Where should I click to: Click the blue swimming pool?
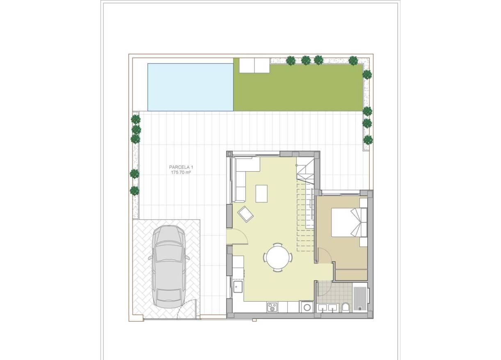[190, 87]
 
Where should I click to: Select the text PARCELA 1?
[181, 167]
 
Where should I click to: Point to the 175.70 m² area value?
[181, 173]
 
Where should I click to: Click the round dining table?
[278, 257]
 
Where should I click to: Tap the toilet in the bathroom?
[345, 307]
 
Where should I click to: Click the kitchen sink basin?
[238, 286]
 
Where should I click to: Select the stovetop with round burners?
[272, 307]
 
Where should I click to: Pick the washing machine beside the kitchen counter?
[307, 307]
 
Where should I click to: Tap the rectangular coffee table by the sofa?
[261, 193]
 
